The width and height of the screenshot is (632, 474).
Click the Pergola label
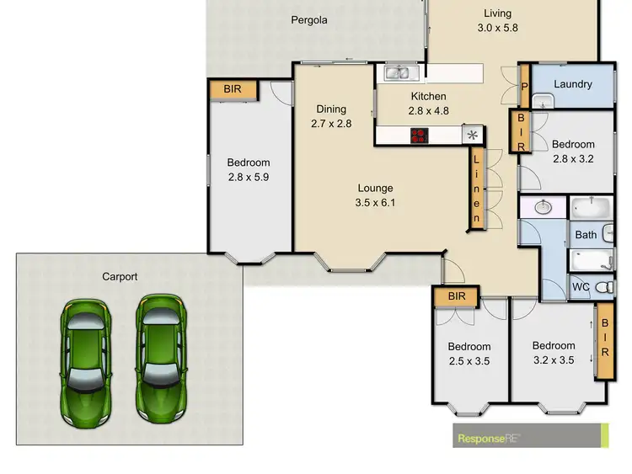pos(309,20)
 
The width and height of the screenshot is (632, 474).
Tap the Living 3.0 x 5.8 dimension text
pos(497,27)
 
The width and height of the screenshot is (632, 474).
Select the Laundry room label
pos(573,84)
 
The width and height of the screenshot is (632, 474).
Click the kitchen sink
pos(397,73)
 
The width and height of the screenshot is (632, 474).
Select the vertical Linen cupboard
pos(476,189)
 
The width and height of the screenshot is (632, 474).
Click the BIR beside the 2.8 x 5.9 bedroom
pos(231,89)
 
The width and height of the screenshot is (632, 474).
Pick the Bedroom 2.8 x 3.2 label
pos(573,151)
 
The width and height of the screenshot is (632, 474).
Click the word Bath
pos(586,235)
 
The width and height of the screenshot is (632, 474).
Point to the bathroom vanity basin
pos(544,206)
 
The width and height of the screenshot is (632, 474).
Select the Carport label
pos(120,276)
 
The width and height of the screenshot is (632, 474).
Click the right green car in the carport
pos(159,358)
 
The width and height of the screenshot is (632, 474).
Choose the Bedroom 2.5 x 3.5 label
pos(469,354)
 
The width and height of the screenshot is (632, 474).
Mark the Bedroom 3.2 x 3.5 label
pos(554,352)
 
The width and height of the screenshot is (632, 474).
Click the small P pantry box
pos(523,85)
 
